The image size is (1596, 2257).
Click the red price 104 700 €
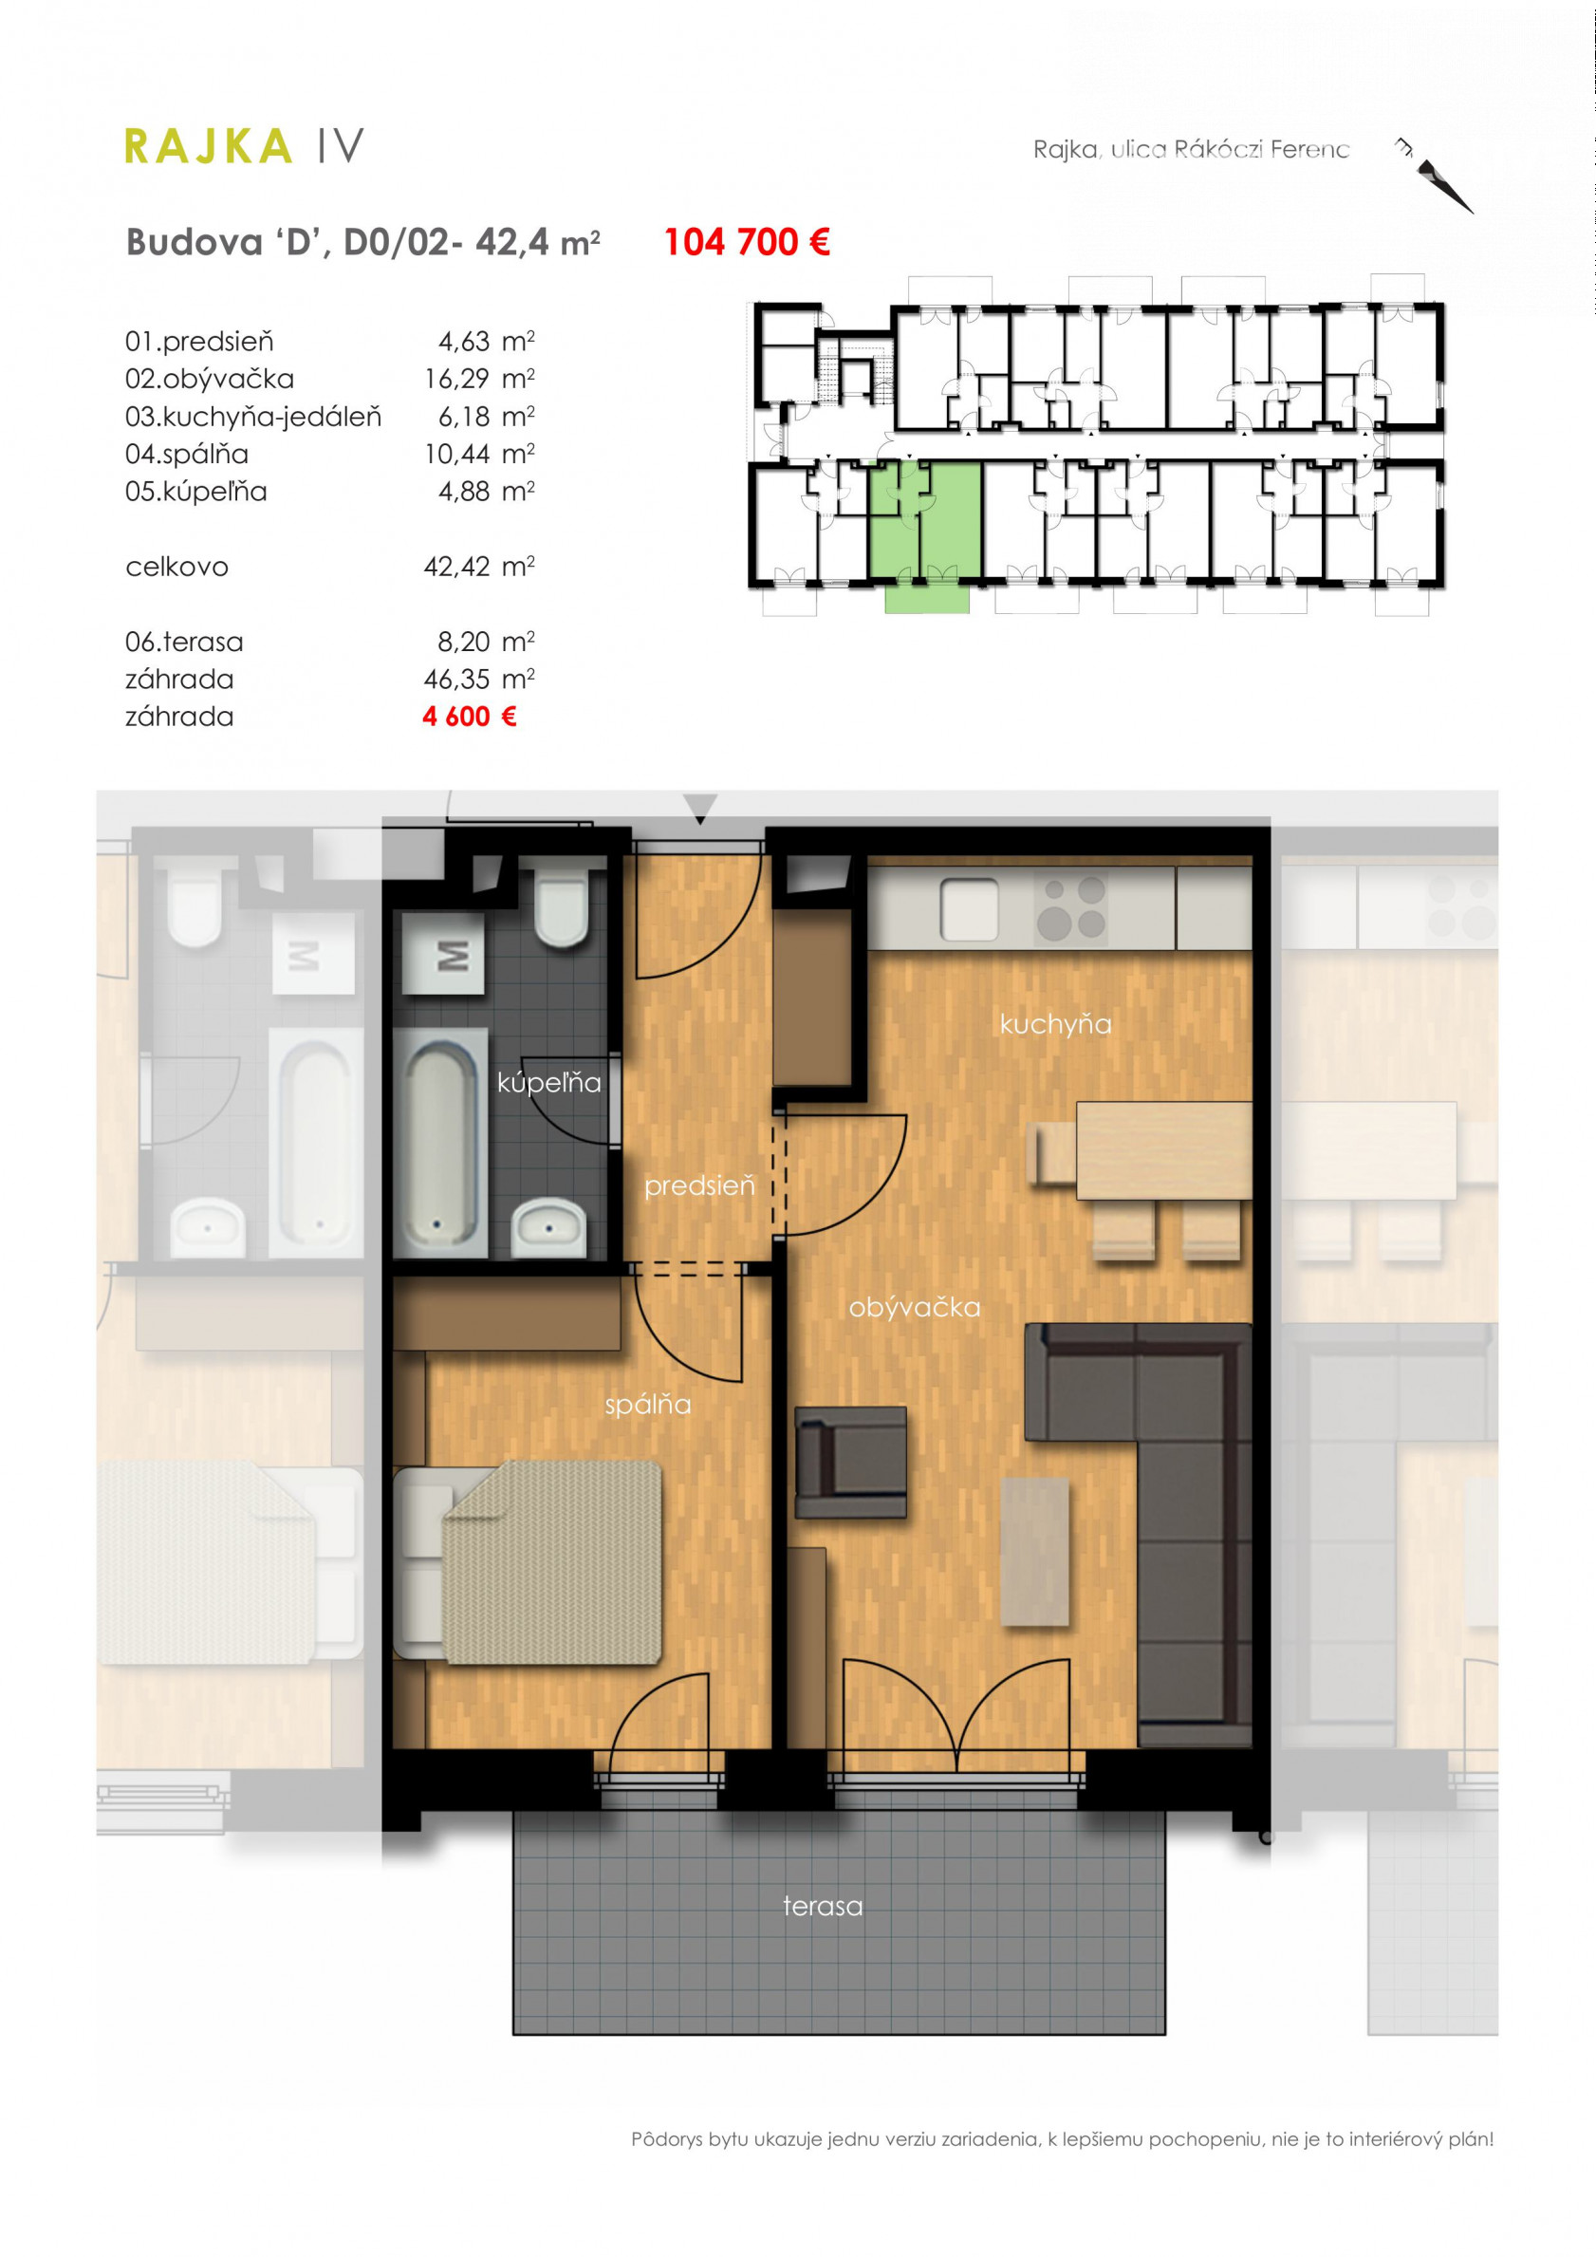coord(747,242)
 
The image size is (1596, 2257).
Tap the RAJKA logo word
coord(209,146)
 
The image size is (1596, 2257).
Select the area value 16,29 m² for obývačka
coord(479,379)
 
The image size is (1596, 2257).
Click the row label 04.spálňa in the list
coord(187,454)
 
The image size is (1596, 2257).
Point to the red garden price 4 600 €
coord(469,717)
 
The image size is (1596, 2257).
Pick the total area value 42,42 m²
coord(479,567)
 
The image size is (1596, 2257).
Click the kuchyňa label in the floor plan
coord(1055,1024)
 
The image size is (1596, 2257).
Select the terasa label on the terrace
coord(823,1906)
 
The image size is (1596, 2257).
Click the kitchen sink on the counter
coord(969,910)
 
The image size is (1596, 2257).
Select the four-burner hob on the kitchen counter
coord(1072,908)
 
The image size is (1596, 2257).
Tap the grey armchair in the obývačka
coord(850,1463)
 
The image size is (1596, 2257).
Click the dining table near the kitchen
coord(1163,1150)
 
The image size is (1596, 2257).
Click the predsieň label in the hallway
coord(699,1186)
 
